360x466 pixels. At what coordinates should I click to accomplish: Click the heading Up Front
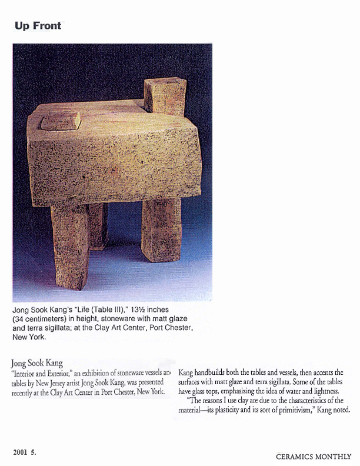tap(38, 26)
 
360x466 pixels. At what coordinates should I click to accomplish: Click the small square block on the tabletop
tap(61, 121)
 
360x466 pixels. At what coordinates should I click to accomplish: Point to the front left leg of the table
tap(70, 244)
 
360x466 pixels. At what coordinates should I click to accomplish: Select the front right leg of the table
tap(161, 228)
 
